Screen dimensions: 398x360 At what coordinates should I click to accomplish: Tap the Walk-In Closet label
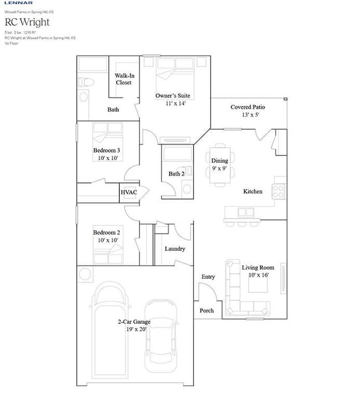(124, 79)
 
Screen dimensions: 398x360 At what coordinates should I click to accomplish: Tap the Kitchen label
(253, 192)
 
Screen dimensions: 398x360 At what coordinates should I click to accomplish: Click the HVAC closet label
(128, 192)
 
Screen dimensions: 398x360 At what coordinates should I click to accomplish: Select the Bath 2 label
(176, 174)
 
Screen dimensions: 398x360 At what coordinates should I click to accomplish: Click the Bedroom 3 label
(106, 151)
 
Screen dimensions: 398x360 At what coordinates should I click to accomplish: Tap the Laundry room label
(174, 249)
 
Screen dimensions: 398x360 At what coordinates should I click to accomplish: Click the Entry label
(208, 277)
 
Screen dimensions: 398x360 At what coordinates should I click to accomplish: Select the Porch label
(207, 311)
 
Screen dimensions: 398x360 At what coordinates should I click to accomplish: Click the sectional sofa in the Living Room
(244, 293)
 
